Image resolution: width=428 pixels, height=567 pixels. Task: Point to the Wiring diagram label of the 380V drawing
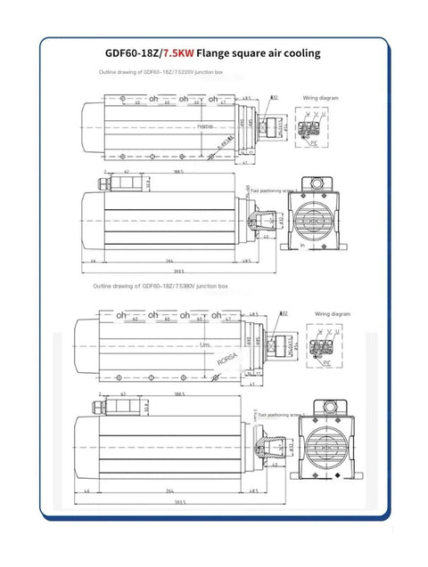pos(331,313)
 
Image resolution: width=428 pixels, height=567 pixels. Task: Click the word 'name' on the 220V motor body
pos(206,127)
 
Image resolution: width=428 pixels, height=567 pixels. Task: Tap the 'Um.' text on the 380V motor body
pos(206,344)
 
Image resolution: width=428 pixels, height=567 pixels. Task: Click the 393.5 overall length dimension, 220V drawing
pos(177,272)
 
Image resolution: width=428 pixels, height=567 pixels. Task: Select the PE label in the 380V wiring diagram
pos(326,362)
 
